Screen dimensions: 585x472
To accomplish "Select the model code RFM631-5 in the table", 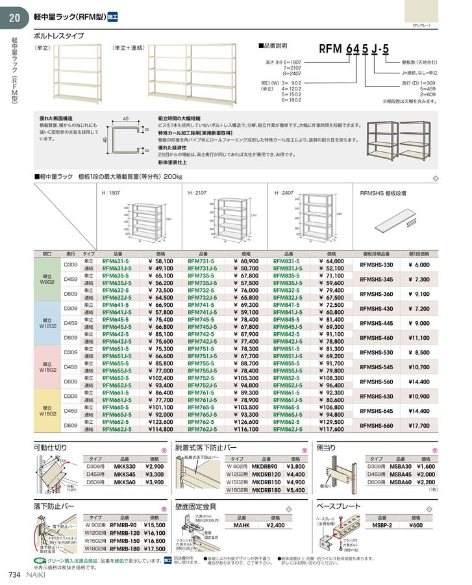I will (x=116, y=261).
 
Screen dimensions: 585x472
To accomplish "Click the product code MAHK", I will (x=242, y=525).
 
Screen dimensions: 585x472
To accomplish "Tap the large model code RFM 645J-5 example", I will (x=353, y=50).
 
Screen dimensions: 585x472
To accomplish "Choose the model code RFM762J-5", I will (x=202, y=429).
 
